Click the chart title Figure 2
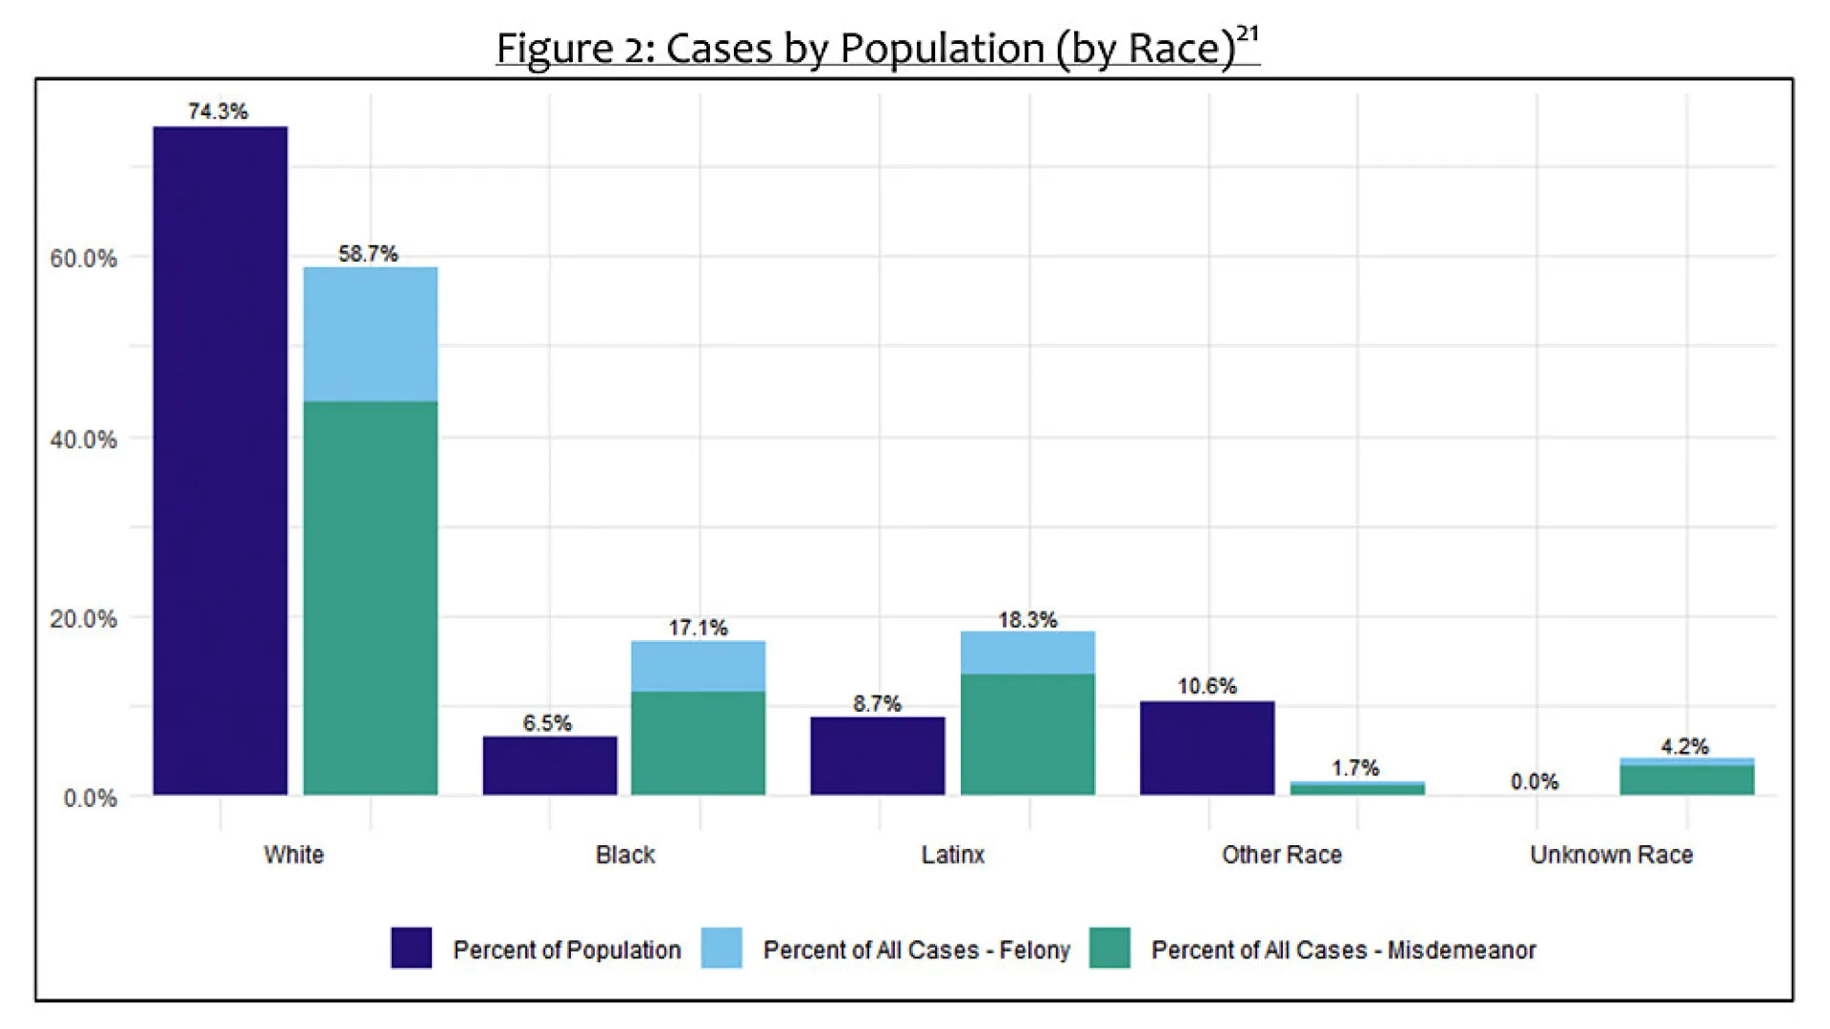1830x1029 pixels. (x=877, y=48)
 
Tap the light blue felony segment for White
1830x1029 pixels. (x=370, y=333)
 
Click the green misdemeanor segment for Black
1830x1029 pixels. (x=698, y=743)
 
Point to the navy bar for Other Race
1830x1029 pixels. (x=1207, y=748)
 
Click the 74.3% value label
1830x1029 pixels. (x=218, y=111)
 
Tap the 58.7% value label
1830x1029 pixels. (x=368, y=253)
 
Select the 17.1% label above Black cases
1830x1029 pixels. (x=698, y=628)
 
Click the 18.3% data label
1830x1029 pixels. (x=1027, y=620)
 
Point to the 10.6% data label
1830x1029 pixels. (x=1207, y=686)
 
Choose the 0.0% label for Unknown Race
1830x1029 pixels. (x=1535, y=782)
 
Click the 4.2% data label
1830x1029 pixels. (x=1685, y=747)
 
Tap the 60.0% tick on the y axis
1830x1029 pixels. (x=84, y=258)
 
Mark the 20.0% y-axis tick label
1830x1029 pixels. (x=84, y=618)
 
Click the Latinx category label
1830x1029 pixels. (x=952, y=855)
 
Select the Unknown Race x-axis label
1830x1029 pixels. (x=1611, y=855)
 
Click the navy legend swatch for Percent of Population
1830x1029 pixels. (x=411, y=948)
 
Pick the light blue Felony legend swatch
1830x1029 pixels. (x=722, y=948)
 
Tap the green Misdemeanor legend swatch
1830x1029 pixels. (x=1109, y=948)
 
